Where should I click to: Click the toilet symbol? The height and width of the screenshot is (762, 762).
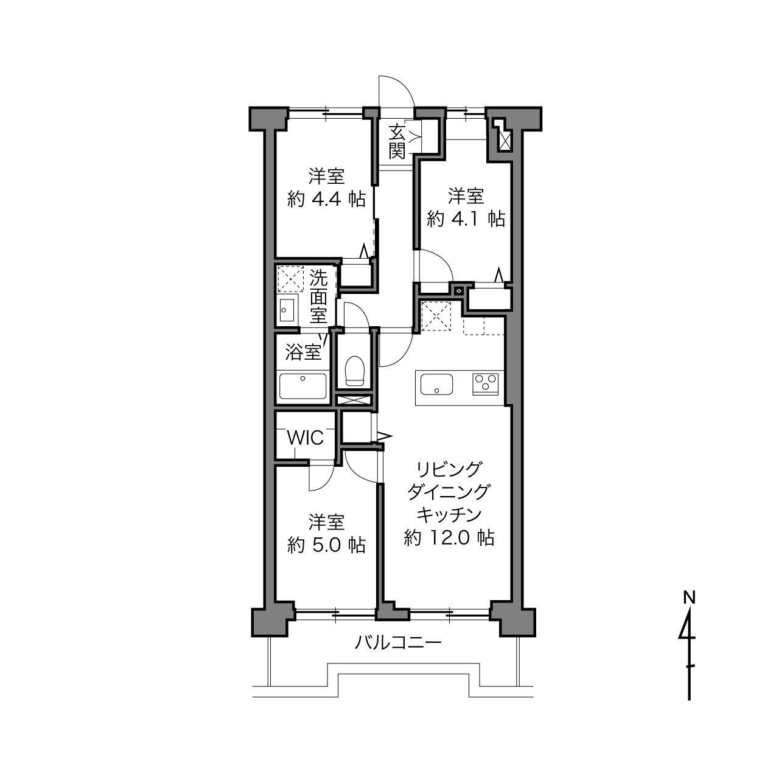[x=354, y=370]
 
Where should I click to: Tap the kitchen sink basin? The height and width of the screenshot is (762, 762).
[x=436, y=384]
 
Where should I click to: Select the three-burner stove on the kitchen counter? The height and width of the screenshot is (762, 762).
[x=485, y=384]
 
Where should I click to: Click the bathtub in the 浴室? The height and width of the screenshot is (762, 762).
[x=302, y=385]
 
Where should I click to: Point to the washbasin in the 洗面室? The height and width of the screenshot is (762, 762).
[x=287, y=310]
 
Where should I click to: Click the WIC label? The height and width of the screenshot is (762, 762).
[x=306, y=438]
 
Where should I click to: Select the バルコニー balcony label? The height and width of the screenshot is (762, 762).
[x=397, y=643]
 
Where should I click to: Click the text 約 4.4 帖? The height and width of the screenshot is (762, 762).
[x=326, y=199]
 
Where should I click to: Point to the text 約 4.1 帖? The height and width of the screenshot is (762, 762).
[x=466, y=218]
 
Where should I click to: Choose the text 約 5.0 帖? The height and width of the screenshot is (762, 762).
[x=326, y=545]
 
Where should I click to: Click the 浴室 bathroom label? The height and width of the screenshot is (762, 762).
[x=303, y=352]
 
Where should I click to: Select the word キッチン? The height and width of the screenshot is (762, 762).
[x=449, y=514]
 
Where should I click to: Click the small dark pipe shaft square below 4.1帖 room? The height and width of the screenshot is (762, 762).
[x=459, y=291]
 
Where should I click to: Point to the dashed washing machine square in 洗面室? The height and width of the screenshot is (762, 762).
[x=291, y=279]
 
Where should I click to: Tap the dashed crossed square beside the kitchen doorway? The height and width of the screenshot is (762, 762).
[x=436, y=316]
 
